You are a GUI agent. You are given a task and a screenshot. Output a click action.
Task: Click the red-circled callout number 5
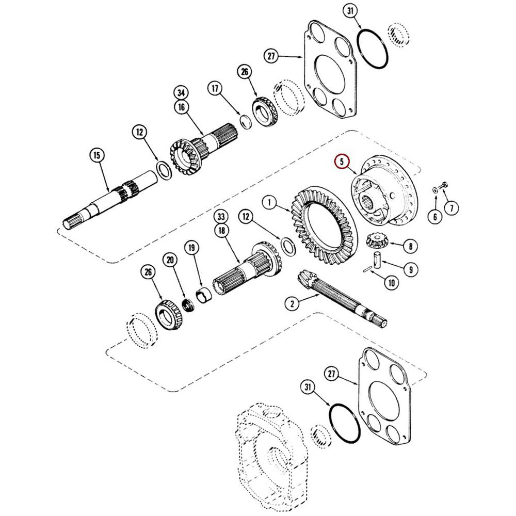(x=342, y=162)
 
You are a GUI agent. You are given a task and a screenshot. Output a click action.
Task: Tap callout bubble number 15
(x=97, y=155)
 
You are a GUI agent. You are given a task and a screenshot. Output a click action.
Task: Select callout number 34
(x=181, y=93)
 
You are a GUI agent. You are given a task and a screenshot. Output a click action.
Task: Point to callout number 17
(x=215, y=89)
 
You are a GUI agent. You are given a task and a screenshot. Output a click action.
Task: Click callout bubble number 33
(x=221, y=217)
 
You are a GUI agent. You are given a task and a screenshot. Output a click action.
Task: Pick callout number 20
(x=170, y=260)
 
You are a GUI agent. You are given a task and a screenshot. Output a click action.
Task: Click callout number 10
(x=392, y=282)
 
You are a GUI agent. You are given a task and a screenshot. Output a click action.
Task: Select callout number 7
(x=452, y=208)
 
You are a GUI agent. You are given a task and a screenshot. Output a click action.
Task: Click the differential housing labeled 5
(x=384, y=190)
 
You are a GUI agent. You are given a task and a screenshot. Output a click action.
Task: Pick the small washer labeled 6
(x=435, y=190)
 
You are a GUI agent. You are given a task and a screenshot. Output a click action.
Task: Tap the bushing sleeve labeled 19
(x=204, y=295)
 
